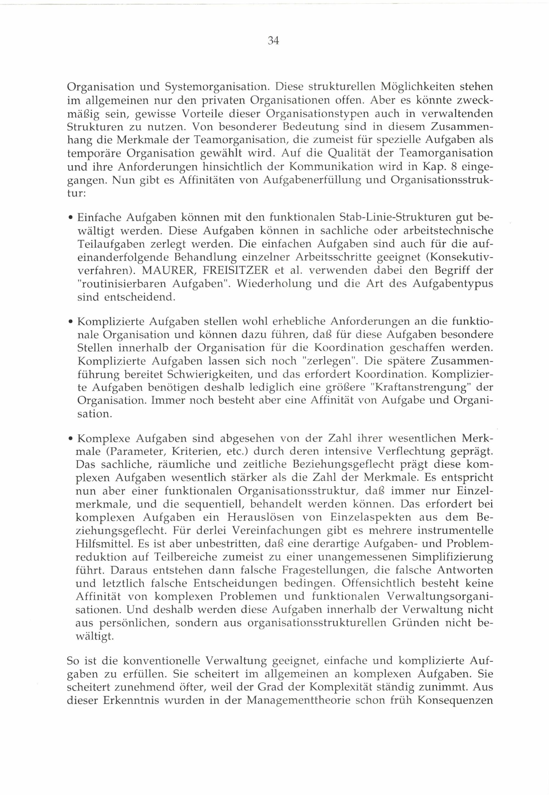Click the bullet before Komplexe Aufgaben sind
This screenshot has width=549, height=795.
[70, 439]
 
